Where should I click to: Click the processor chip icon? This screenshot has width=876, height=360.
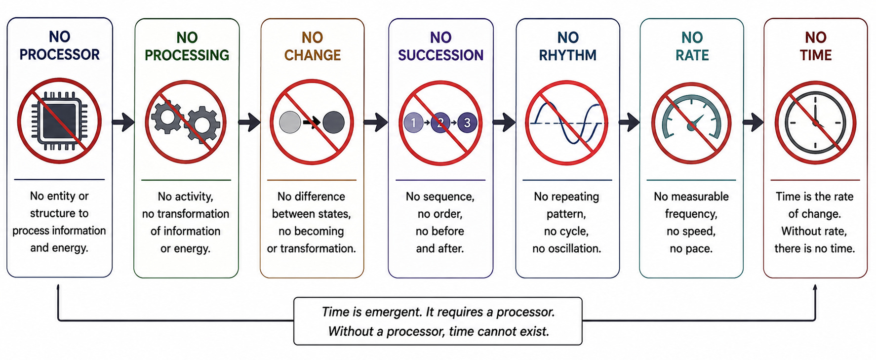59,120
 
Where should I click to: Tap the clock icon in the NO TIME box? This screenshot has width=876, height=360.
815,122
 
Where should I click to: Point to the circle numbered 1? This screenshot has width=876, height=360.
413,122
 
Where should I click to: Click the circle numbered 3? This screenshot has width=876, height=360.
467,122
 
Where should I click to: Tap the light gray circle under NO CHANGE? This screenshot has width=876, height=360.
290,122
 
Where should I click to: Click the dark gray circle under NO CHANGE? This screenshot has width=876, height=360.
334,122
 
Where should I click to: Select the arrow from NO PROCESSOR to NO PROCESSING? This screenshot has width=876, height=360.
123,122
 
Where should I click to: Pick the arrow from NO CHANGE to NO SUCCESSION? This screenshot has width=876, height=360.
376,122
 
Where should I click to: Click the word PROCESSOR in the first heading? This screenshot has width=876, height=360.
59,54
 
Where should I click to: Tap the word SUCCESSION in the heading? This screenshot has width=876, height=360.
440,55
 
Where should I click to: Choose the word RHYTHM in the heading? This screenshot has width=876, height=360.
567,55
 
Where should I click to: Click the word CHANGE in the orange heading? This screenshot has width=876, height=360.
313,55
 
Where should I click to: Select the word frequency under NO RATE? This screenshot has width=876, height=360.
691,214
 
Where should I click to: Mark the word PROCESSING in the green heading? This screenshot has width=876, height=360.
187,55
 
